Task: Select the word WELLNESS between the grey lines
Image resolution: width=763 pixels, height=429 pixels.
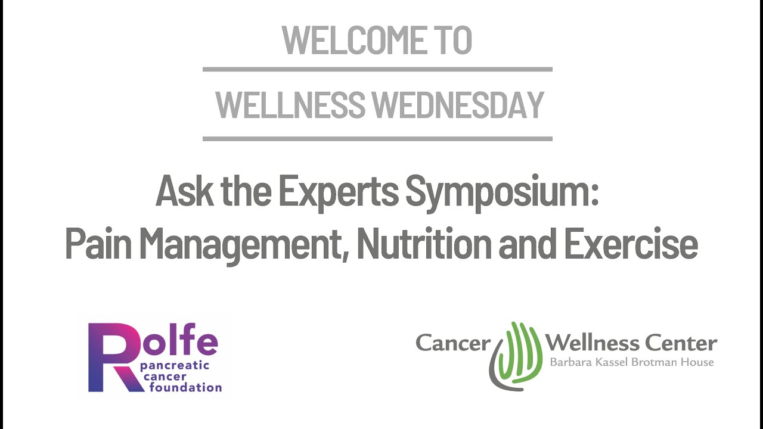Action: tap(290, 104)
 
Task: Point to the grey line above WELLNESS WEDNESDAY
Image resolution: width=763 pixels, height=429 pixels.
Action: tap(377, 70)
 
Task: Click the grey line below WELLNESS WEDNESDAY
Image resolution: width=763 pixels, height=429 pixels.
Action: tap(377, 139)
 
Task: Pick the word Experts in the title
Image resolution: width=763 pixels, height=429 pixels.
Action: tap(339, 192)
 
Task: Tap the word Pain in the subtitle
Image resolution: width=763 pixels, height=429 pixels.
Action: tap(98, 243)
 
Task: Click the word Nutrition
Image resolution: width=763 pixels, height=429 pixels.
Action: tap(424, 243)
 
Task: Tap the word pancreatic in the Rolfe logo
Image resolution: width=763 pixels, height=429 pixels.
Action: tap(175, 367)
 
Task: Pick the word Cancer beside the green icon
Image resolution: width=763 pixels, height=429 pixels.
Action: tap(453, 343)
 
